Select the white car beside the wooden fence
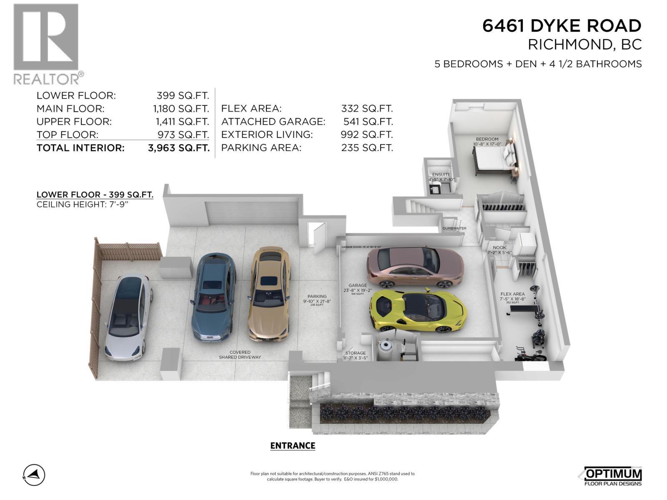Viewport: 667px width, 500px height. click(127, 317)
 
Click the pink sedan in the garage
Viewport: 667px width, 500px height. click(415, 267)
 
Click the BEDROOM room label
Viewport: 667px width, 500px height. click(487, 139)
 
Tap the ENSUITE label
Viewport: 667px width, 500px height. click(441, 175)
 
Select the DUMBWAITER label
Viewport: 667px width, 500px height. click(454, 228)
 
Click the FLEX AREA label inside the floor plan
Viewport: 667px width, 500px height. click(512, 294)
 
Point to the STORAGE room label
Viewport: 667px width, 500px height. click(356, 353)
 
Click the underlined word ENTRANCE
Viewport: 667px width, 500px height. click(293, 446)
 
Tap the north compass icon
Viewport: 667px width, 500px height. click(34, 475)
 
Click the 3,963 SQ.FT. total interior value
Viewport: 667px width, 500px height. click(178, 148)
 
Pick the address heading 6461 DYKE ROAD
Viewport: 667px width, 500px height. click(562, 26)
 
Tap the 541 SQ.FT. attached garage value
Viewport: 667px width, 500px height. click(368, 122)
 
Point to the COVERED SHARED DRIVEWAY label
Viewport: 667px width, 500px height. click(240, 355)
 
